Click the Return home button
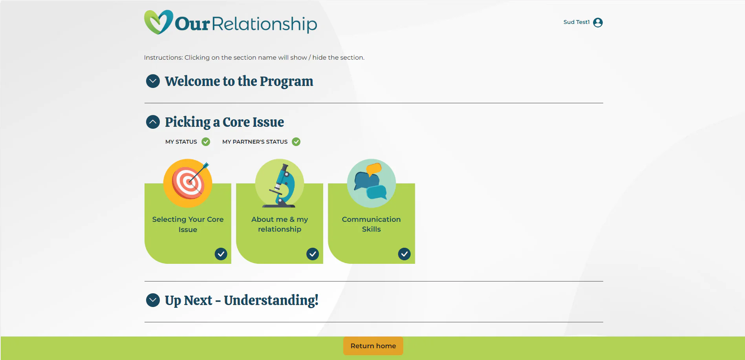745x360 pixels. click(373, 346)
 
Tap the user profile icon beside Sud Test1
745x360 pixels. click(598, 22)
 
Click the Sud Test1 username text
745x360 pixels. click(576, 22)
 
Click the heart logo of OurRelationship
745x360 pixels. click(158, 22)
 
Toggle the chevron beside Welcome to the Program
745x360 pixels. click(153, 81)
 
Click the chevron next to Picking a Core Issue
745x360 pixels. click(153, 122)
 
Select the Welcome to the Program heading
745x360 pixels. click(239, 81)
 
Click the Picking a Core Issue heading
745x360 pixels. click(224, 122)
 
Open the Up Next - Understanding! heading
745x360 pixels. click(242, 300)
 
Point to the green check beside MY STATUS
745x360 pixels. click(206, 142)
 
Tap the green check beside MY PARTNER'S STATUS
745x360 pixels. click(296, 142)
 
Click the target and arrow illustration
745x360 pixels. click(188, 183)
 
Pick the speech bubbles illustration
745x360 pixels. click(371, 183)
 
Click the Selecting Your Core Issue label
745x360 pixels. click(188, 224)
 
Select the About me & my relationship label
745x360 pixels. click(280, 224)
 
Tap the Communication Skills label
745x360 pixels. click(371, 224)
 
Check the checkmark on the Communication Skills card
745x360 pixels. click(404, 254)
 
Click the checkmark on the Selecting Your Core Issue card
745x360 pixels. click(221, 254)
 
